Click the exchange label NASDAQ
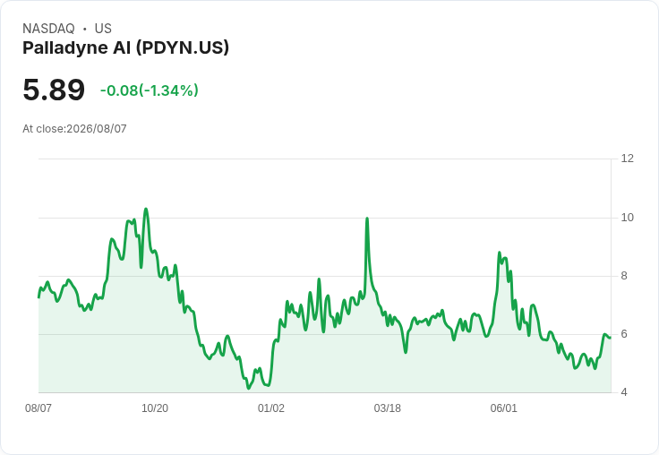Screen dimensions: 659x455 click(x=48, y=29)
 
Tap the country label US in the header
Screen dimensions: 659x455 click(x=103, y=29)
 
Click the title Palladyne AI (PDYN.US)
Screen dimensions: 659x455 click(x=125, y=47)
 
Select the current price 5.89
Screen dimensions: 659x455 click(x=54, y=90)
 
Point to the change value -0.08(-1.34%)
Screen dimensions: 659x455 click(x=150, y=90)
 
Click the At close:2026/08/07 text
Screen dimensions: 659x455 click(x=74, y=129)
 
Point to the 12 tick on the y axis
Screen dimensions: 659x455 click(x=627, y=159)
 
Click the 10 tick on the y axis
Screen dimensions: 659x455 click(x=627, y=218)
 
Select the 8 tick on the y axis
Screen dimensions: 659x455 click(x=624, y=276)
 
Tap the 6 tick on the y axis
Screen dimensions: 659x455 click(x=624, y=334)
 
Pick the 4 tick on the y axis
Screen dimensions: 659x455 click(x=624, y=392)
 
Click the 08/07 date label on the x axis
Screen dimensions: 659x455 click(x=39, y=408)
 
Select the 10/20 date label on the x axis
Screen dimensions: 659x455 click(x=155, y=408)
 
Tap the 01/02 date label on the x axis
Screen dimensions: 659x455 click(x=271, y=408)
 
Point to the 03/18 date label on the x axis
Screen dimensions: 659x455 click(x=387, y=408)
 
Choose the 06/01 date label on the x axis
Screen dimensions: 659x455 click(x=503, y=408)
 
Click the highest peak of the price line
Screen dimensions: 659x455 click(x=146, y=209)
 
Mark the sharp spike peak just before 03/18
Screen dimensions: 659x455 click(x=367, y=219)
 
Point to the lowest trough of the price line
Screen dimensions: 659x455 click(x=248, y=388)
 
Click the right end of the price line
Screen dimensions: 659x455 click(x=611, y=338)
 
